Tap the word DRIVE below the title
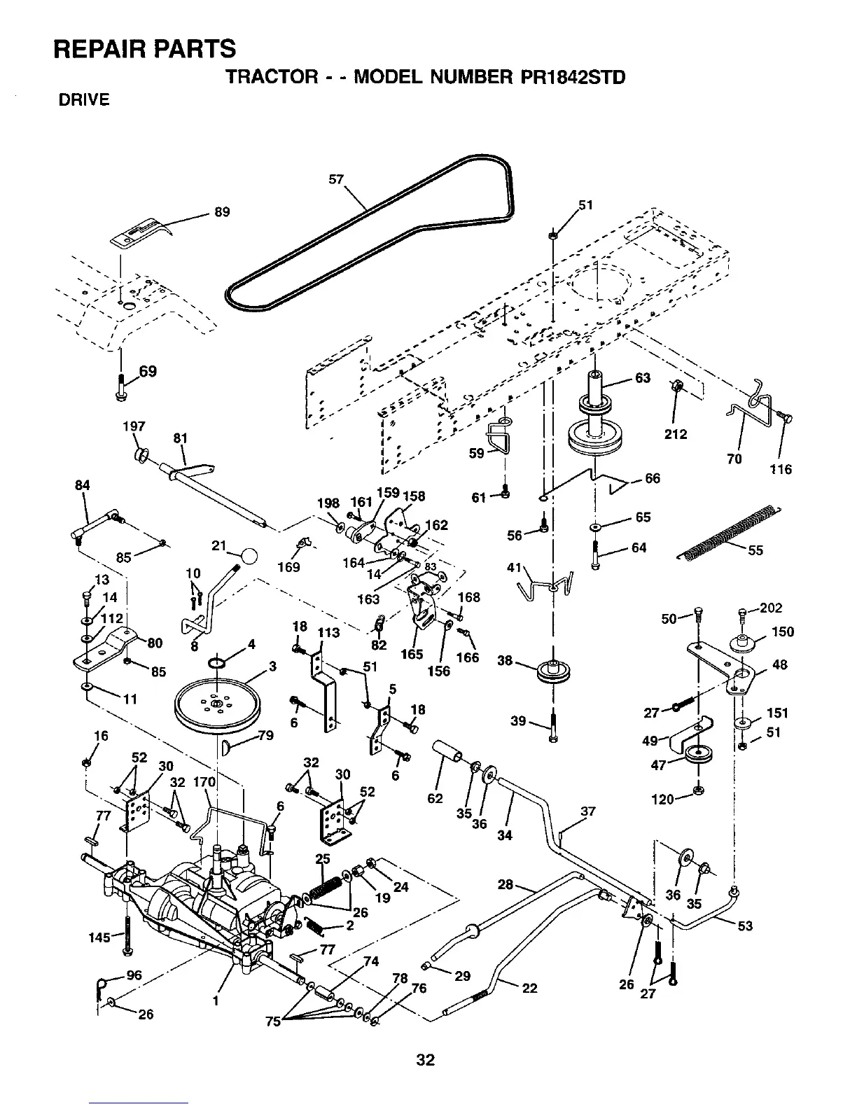[83, 100]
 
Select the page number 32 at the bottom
[425, 1059]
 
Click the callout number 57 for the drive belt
[337, 179]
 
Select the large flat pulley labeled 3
[217, 702]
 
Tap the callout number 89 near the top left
[222, 212]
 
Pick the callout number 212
[676, 434]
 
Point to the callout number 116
[781, 469]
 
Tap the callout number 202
[771, 608]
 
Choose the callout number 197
[134, 426]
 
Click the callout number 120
[662, 799]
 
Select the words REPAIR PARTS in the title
[145, 49]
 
